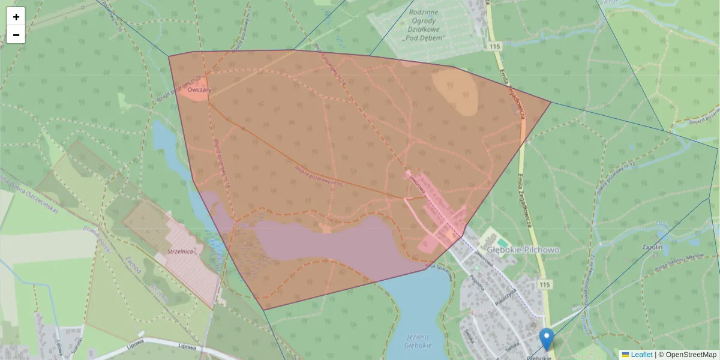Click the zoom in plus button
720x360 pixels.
coord(16,17)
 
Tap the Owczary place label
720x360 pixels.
coord(199,90)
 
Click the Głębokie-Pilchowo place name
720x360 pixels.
coord(515,250)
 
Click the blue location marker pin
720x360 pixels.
coord(546,338)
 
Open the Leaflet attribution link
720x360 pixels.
coord(641,355)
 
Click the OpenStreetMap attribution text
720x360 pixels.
coord(690,355)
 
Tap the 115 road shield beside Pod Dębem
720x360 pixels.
coord(494,46)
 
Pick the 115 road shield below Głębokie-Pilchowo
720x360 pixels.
coord(544,284)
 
